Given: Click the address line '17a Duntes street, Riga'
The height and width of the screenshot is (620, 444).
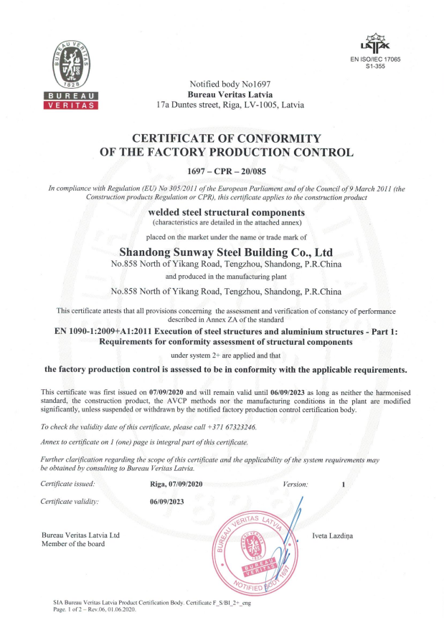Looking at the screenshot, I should tap(230, 105).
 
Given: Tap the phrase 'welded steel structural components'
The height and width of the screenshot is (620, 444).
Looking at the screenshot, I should tap(227, 213).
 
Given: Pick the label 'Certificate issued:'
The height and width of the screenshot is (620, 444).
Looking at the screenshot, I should tap(68, 485).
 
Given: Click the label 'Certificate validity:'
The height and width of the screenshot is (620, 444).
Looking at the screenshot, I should tap(70, 501).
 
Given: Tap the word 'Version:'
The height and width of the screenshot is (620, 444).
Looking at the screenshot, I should tap(296, 485).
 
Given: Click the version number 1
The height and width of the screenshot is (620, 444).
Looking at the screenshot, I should tap(344, 485).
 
